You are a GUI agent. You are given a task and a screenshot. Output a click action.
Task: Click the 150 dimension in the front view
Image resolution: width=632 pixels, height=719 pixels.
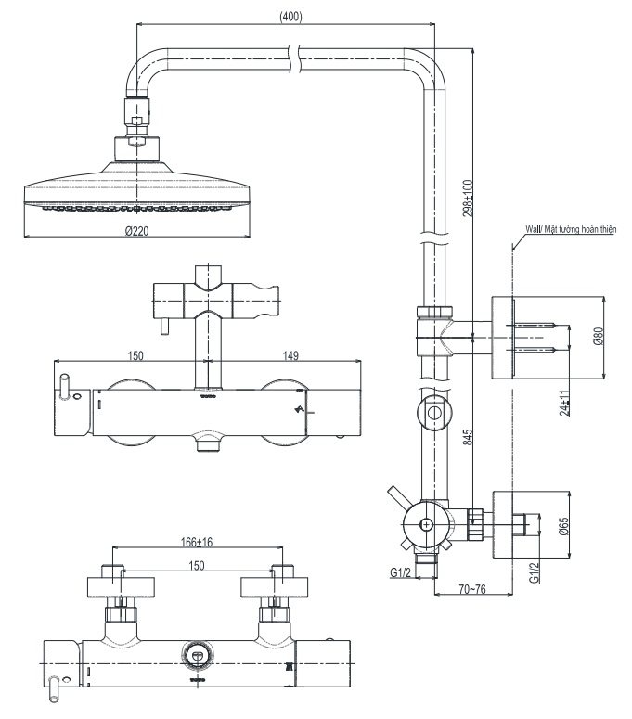(135, 354)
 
